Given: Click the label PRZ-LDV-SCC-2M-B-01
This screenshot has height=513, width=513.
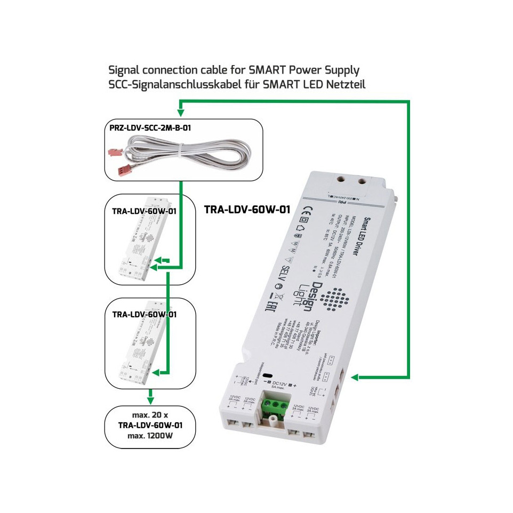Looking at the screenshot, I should click(151, 129).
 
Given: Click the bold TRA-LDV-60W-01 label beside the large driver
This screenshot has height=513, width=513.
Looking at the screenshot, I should click(247, 210).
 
